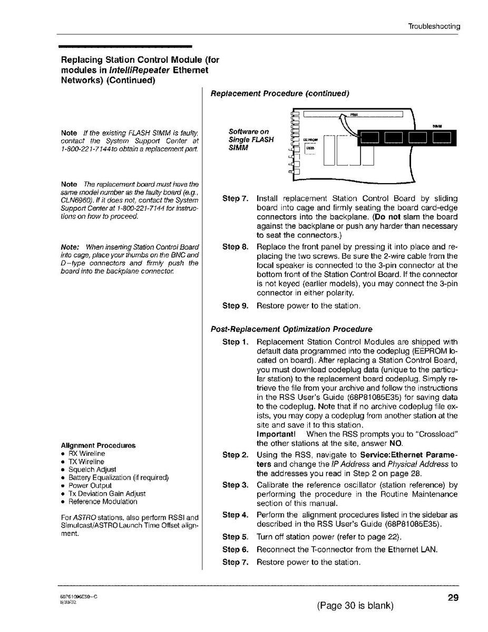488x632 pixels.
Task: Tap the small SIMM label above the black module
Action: click(x=437, y=126)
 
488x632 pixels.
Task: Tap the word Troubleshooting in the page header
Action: click(x=434, y=26)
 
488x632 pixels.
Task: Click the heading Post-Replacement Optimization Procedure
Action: click(x=291, y=329)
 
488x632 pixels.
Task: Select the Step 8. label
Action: click(x=235, y=246)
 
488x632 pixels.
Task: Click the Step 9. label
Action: click(x=235, y=305)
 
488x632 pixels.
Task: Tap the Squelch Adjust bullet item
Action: click(x=92, y=469)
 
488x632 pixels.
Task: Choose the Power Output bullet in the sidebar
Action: click(x=90, y=485)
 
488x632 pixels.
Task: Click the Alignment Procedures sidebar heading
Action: click(x=98, y=445)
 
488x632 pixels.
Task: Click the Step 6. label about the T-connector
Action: click(x=235, y=549)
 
